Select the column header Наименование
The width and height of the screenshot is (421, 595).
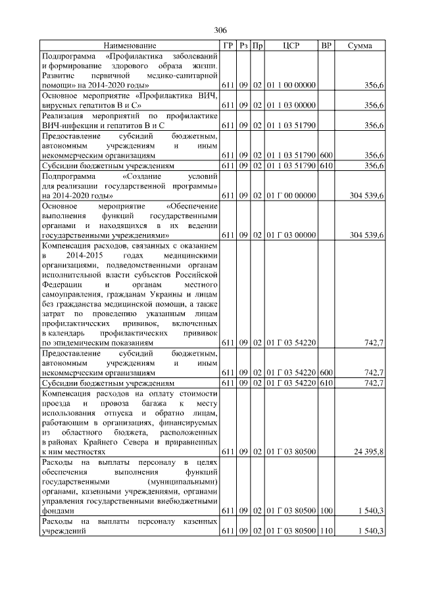point(130,46)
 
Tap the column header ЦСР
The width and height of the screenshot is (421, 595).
point(291,46)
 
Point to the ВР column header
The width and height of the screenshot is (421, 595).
point(326,46)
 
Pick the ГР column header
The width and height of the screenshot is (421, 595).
point(228,46)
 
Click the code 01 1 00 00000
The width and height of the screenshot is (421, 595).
point(291,85)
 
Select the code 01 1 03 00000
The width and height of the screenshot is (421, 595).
point(291,105)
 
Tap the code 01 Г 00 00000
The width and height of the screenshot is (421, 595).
point(291,195)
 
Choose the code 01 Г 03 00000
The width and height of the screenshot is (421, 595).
point(291,235)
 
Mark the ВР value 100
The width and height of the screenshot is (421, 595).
point(326,511)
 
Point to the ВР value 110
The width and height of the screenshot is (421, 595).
point(326,531)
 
